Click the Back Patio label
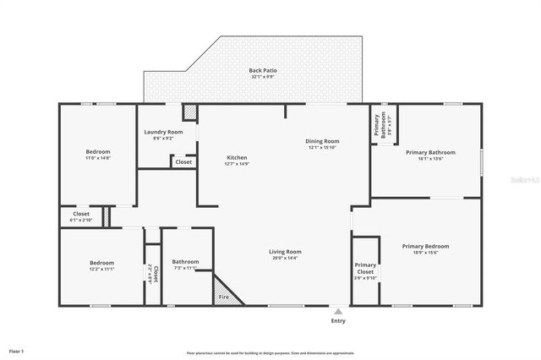point(262,70)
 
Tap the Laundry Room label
point(163,132)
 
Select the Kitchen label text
point(236,158)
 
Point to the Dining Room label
point(322,141)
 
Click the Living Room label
point(285,251)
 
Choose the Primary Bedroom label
point(425,246)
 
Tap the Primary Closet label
point(365,269)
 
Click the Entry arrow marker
point(338,310)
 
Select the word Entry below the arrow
point(338,321)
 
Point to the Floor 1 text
point(17,350)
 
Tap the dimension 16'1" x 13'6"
point(430,158)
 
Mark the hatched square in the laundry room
point(190,112)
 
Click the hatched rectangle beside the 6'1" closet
point(107,216)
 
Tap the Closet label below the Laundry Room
point(183,161)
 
